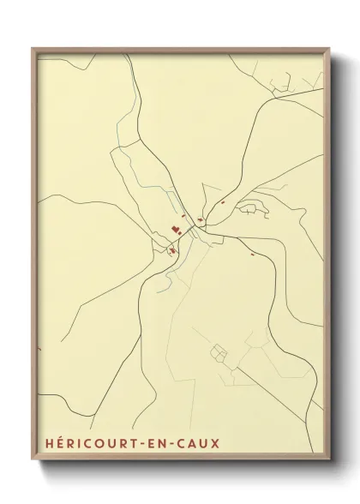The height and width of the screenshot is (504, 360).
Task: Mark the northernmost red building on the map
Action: pyautogui.click(x=222, y=202)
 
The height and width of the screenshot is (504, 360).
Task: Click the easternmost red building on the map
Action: pyautogui.click(x=252, y=255)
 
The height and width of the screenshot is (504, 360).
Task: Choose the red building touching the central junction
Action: pyautogui.click(x=200, y=221)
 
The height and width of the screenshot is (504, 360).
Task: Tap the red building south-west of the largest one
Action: pyautogui.click(x=171, y=250)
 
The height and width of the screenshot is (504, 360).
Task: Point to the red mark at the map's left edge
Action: pyautogui.click(x=39, y=349)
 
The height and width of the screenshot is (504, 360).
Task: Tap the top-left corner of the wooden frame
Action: pyautogui.click(x=33, y=49)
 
